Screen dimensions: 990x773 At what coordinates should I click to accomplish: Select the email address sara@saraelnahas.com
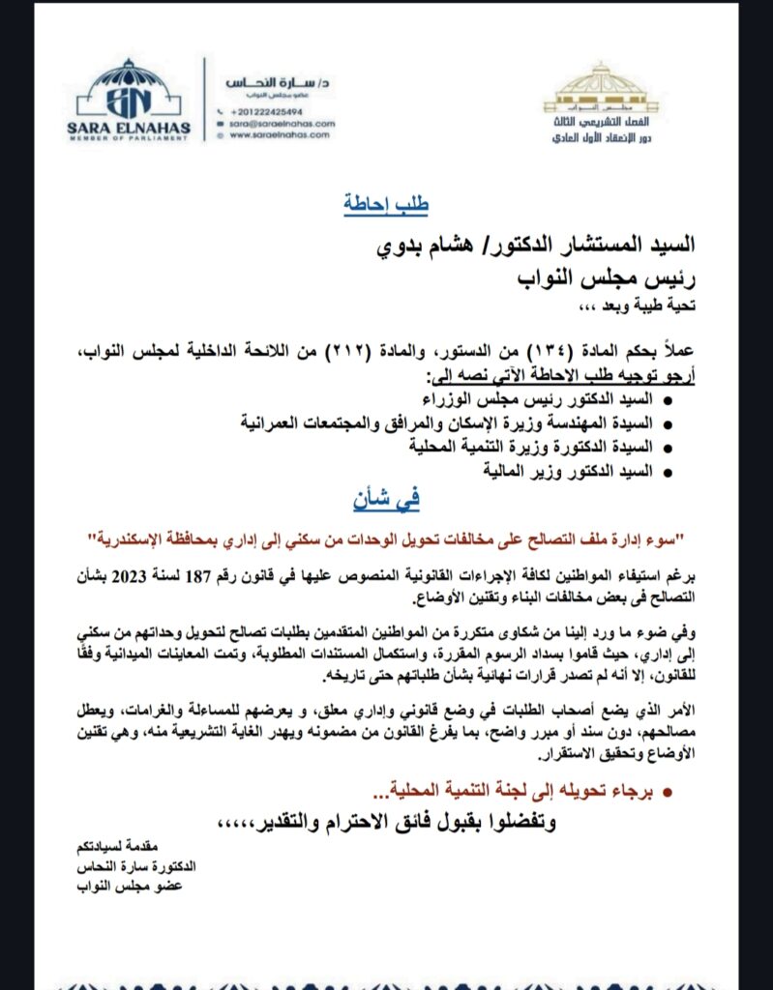282,124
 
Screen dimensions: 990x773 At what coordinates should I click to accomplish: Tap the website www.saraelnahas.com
282,136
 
